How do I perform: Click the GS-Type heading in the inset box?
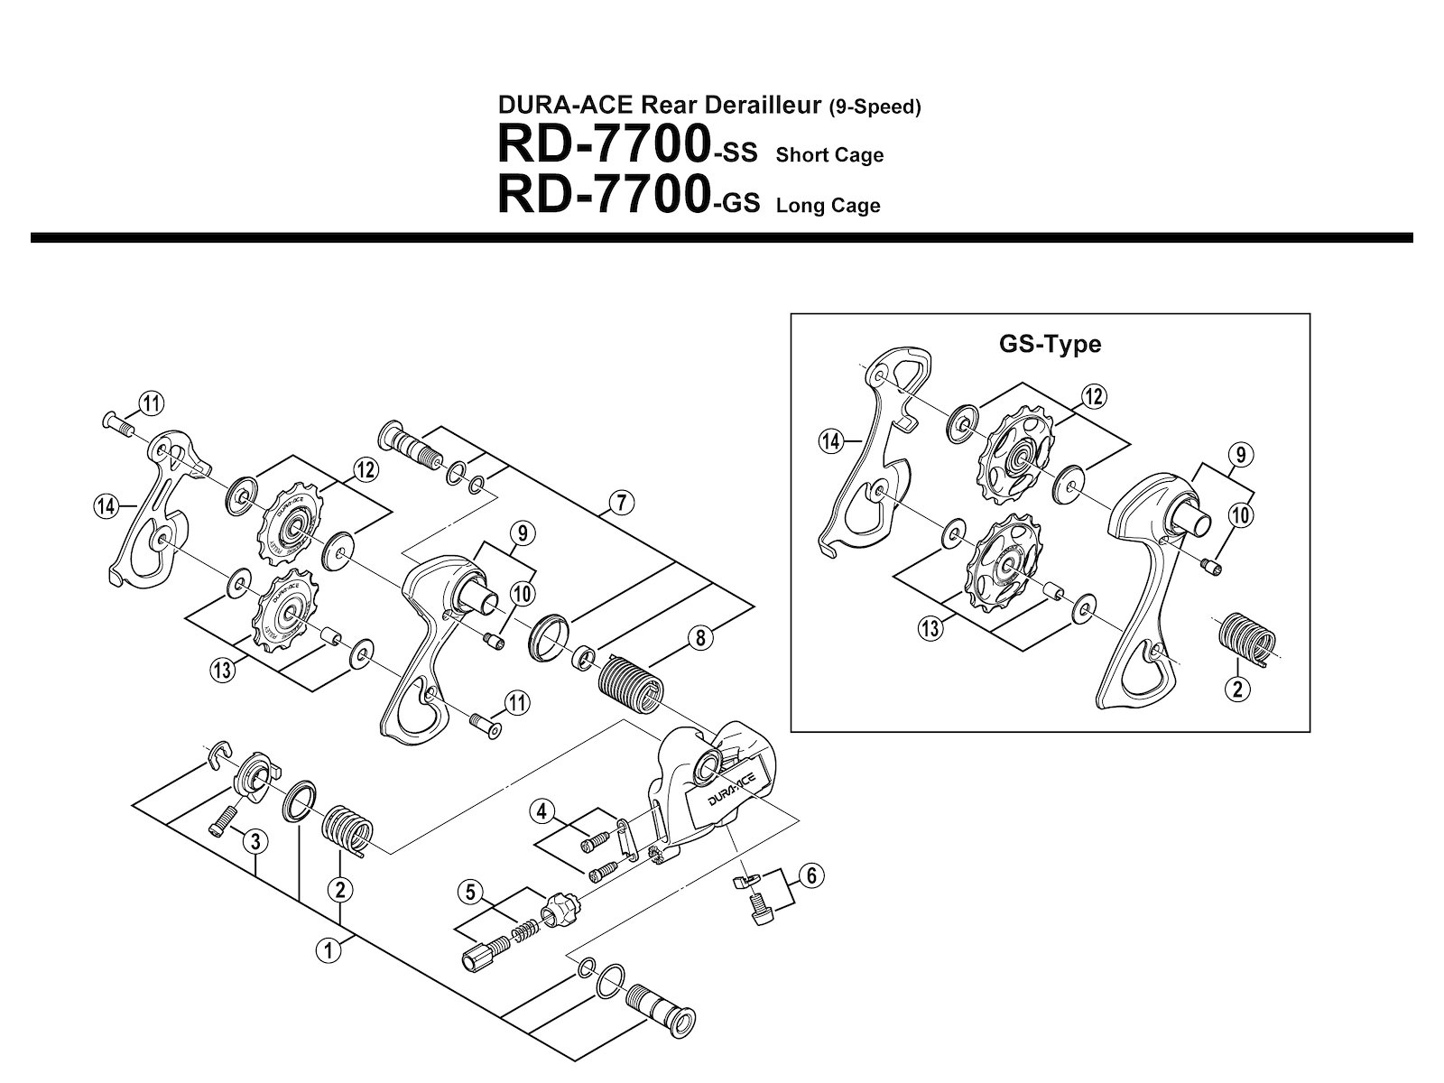point(1050,344)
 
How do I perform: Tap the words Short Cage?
point(829,155)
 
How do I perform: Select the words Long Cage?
point(828,205)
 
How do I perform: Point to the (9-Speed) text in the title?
point(875,106)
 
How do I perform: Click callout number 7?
point(621,504)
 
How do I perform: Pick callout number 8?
point(700,638)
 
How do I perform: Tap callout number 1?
point(329,951)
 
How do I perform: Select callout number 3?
point(256,841)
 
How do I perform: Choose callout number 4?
point(541,811)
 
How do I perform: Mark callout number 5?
point(470,893)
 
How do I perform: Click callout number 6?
point(811,875)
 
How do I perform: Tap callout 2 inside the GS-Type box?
point(1237,690)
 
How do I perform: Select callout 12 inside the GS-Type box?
point(1093,396)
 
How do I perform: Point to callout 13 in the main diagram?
point(222,671)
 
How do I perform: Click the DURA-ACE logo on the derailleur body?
point(732,790)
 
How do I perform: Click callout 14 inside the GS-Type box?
point(831,441)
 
